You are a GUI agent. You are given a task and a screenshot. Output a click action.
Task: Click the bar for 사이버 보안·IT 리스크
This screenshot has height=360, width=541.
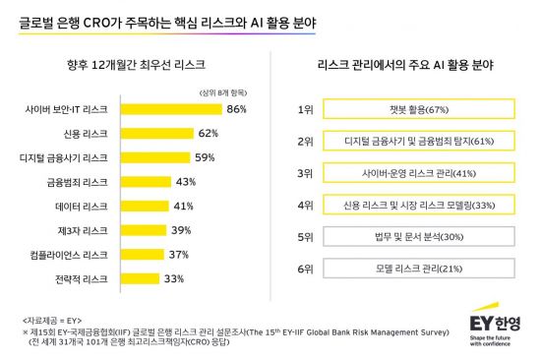173,108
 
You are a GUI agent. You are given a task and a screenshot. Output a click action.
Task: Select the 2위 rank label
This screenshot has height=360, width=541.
307,141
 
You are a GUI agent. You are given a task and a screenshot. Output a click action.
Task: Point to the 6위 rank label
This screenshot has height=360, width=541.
307,270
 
